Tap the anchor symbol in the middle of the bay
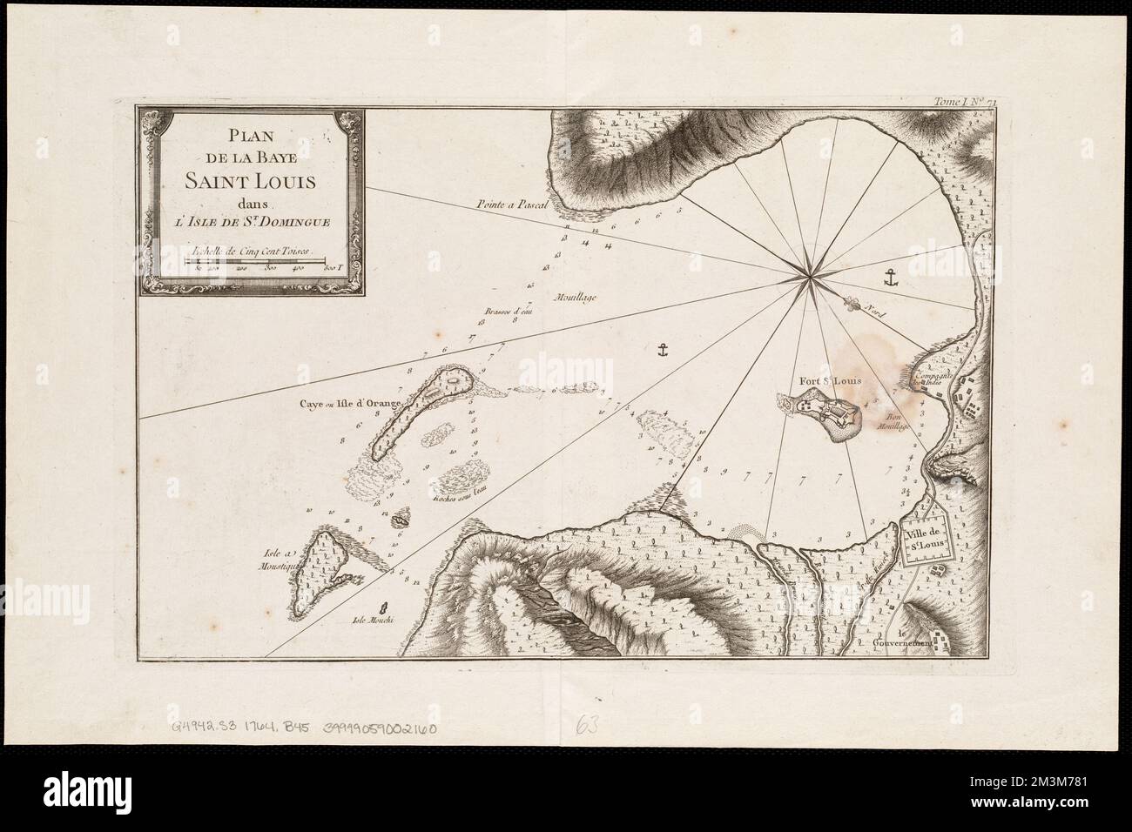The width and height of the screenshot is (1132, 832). [x=661, y=351]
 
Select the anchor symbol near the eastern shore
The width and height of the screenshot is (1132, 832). [x=890, y=278]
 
